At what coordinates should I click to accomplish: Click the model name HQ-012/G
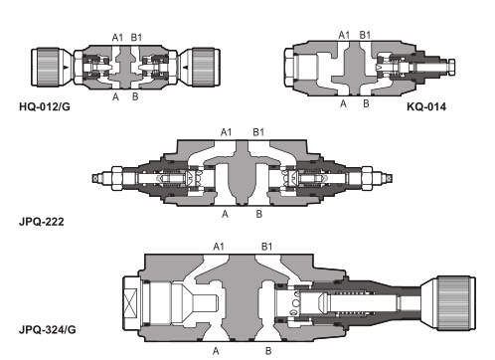point(45,106)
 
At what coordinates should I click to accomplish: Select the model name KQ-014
point(426,106)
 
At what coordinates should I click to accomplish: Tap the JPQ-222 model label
point(42,221)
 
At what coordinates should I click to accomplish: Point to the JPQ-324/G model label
point(48,330)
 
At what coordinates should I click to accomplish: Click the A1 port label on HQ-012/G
point(117,38)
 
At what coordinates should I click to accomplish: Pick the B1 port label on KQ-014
point(365,35)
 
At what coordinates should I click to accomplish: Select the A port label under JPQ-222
point(225,215)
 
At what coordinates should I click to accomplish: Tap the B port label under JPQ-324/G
point(268,351)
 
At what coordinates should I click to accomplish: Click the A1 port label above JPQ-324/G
point(219,247)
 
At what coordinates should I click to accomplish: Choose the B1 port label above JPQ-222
point(258,132)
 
